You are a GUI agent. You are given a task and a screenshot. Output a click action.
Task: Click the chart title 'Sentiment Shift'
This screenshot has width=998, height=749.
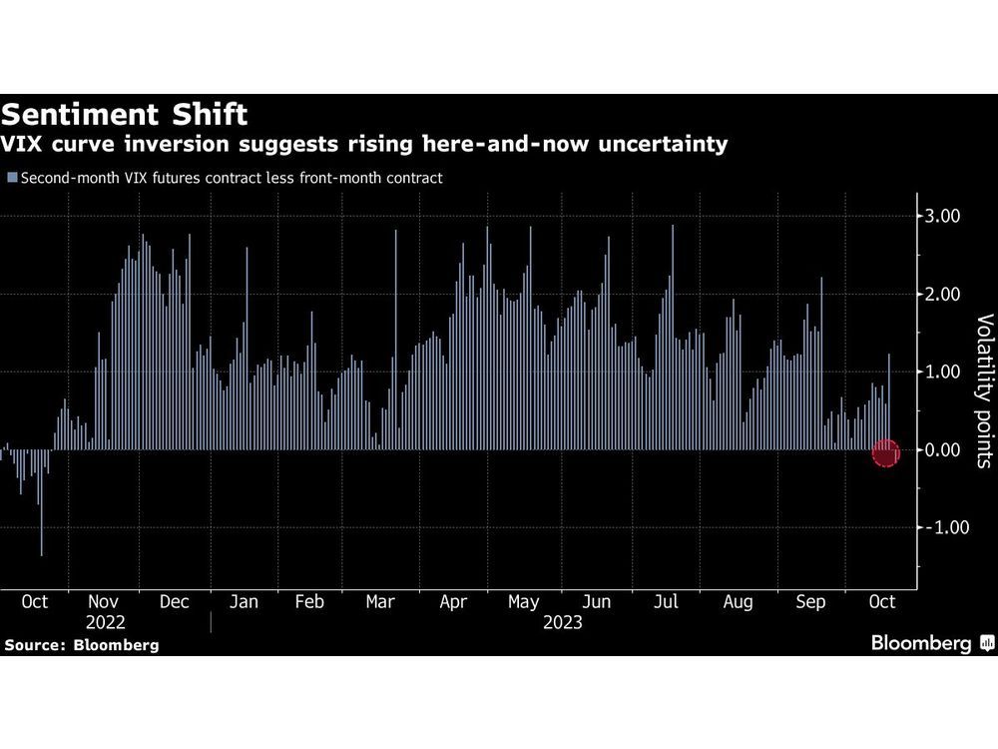pyautogui.click(x=125, y=111)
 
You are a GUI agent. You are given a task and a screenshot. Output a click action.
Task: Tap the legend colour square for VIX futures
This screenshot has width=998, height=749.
pyautogui.click(x=12, y=178)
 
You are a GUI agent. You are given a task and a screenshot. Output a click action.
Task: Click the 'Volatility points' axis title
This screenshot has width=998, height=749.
pyautogui.click(x=984, y=399)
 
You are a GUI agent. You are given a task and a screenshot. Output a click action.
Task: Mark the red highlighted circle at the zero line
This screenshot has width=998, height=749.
pyautogui.click(x=886, y=452)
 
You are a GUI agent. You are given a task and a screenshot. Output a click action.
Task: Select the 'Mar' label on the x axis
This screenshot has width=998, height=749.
pyautogui.click(x=380, y=602)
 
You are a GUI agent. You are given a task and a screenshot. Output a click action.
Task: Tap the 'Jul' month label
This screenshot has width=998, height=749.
pyautogui.click(x=666, y=602)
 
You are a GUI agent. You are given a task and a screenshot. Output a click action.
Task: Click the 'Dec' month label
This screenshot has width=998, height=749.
pyautogui.click(x=175, y=602)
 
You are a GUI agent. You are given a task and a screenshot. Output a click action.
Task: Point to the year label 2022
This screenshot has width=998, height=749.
pyautogui.click(x=105, y=622)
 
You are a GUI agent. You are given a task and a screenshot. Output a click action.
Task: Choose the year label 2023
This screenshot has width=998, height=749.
pyautogui.click(x=562, y=622)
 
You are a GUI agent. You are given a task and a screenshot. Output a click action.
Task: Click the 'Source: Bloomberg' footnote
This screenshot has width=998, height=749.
pyautogui.click(x=81, y=645)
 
